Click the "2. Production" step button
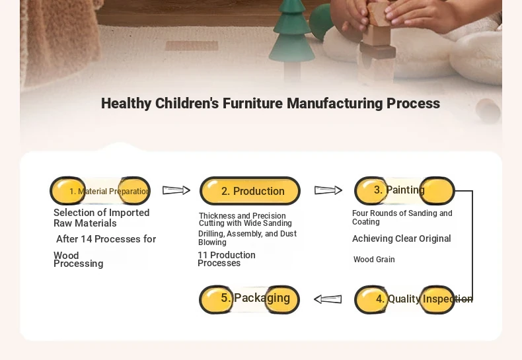tap(250, 191)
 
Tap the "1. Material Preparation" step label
tap(110, 192)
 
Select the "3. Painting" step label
tap(399, 190)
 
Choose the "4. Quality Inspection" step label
tap(424, 299)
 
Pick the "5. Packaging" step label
tap(255, 298)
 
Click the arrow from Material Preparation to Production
tap(176, 190)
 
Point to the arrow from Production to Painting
tap(328, 190)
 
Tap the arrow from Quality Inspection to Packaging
tap(328, 299)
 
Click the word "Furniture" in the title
tap(252, 103)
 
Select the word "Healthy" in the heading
tap(126, 104)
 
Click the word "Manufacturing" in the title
tap(335, 103)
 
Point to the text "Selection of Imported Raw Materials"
tap(102, 217)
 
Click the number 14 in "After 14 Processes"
tap(86, 239)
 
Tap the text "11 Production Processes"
tap(227, 259)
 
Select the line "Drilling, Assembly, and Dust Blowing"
tap(247, 238)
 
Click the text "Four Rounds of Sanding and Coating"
tap(402, 217)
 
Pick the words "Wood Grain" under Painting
tap(374, 259)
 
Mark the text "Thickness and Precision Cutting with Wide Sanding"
tap(245, 219)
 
